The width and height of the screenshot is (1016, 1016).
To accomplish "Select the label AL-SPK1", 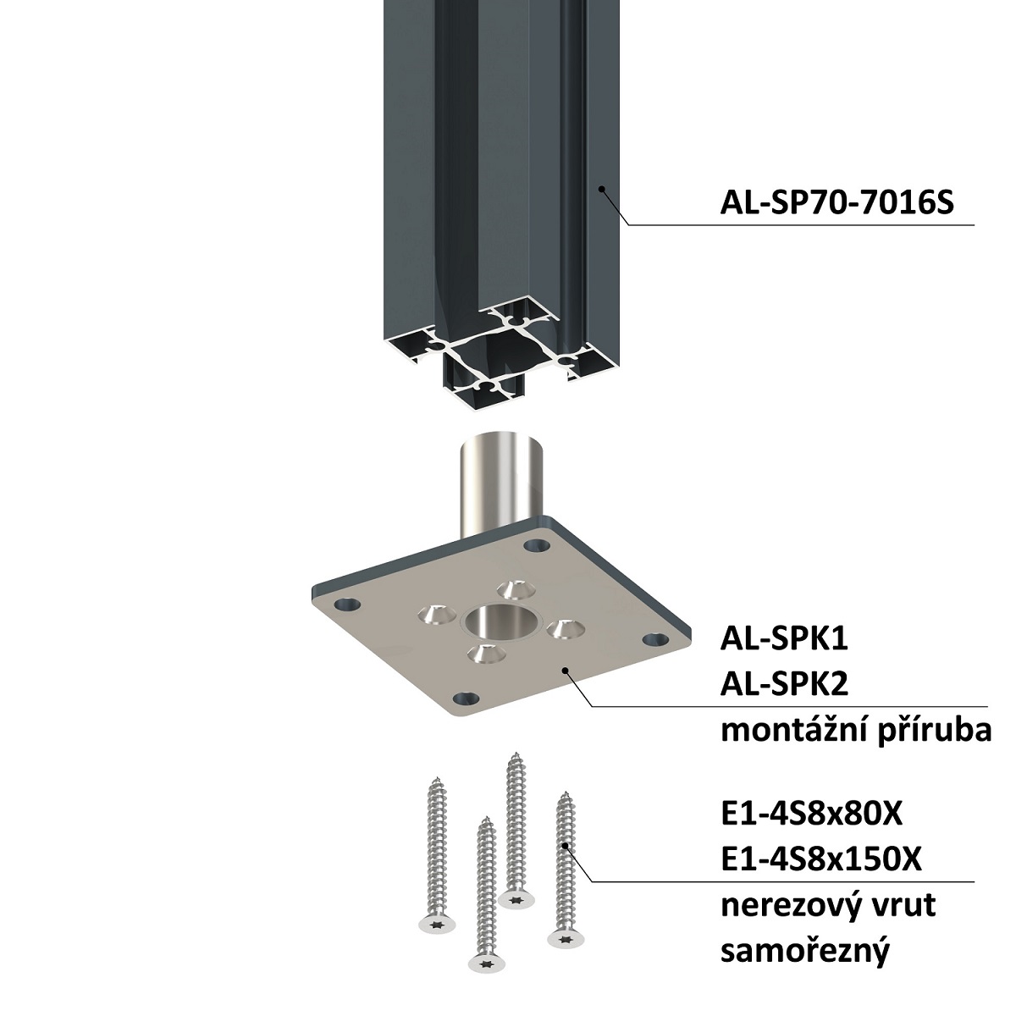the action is pyautogui.click(x=784, y=639).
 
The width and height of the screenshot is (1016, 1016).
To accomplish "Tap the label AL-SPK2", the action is pyautogui.click(x=784, y=685).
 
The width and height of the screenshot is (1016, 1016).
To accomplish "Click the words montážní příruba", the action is pyautogui.click(x=856, y=732).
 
